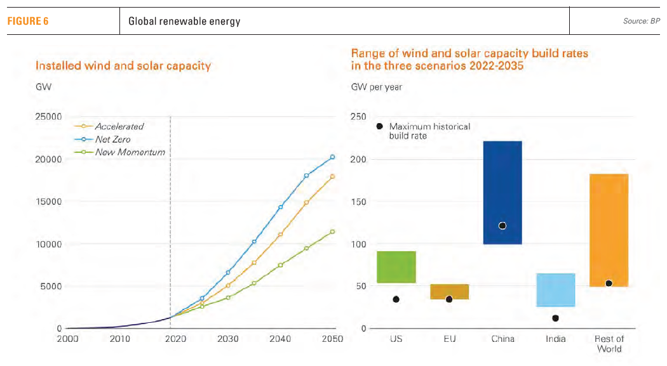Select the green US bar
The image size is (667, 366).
(396, 266)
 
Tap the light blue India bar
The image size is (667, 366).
(556, 290)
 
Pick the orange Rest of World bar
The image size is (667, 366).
(609, 230)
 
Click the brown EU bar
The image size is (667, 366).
(449, 291)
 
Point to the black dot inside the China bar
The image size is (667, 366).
(502, 226)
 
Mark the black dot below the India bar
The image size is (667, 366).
(556, 318)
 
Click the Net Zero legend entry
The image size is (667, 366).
(112, 139)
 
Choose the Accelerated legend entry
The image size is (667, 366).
(119, 126)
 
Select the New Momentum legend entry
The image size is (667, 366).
(130, 152)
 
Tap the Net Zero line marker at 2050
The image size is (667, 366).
(332, 157)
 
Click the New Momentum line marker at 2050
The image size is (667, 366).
(332, 232)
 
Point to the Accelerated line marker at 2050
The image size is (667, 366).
(332, 176)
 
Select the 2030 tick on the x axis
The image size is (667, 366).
(227, 339)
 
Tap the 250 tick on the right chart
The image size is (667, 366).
(359, 117)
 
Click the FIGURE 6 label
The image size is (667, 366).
(28, 22)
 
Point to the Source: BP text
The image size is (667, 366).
(642, 22)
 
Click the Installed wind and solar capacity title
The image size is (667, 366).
(123, 66)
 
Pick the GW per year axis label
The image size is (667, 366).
(376, 86)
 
